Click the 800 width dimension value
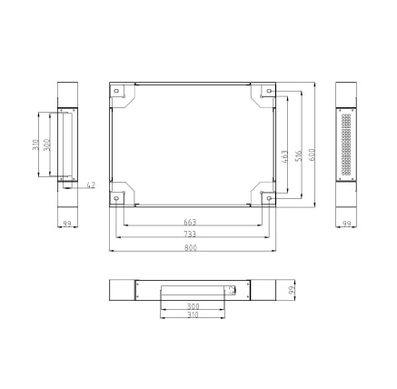191,247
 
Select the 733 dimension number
190,234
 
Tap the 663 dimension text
190,223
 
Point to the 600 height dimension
312,155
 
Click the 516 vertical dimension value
298,156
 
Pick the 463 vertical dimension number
284,157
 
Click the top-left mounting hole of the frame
116,91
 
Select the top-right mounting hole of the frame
269,91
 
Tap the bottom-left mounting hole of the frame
116,198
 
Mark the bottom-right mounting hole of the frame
269,198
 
